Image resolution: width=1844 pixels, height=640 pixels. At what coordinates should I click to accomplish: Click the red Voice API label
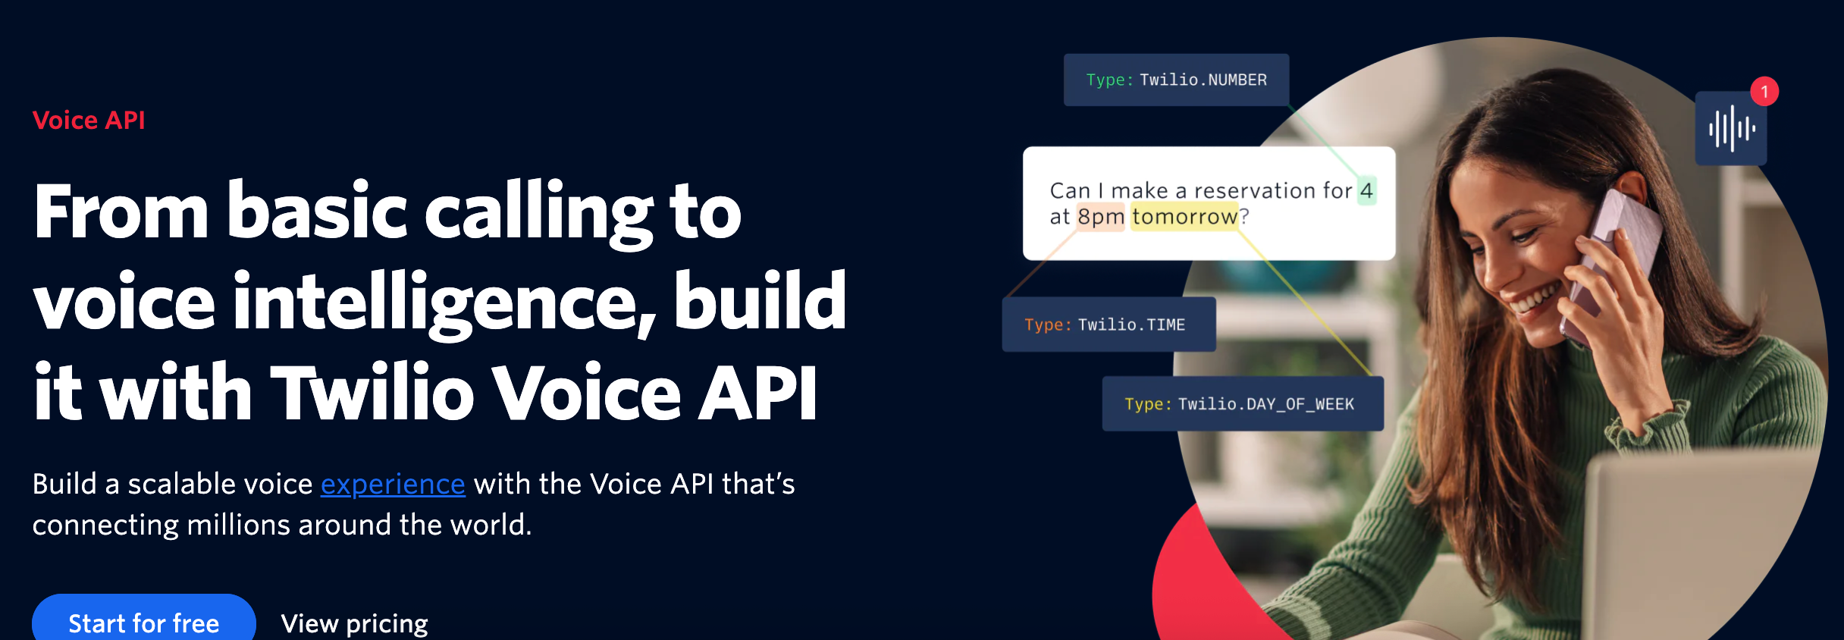(89, 120)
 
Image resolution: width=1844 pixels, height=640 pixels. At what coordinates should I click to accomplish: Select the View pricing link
(354, 623)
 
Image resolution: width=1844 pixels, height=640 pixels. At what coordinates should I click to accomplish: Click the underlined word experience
(393, 484)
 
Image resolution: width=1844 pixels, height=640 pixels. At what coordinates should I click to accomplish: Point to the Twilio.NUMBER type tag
(1176, 80)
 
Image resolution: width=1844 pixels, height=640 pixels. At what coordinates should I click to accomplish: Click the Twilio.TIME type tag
(1109, 325)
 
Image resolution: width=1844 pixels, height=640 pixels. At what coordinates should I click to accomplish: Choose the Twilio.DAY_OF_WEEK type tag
(1243, 403)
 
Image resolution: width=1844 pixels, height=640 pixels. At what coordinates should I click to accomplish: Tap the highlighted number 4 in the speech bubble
(1366, 190)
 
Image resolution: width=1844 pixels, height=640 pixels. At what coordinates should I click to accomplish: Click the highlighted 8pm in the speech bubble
(1101, 217)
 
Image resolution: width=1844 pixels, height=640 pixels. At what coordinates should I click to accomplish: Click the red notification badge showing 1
(1764, 92)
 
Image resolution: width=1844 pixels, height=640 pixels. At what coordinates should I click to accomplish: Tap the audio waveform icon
(1731, 128)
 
